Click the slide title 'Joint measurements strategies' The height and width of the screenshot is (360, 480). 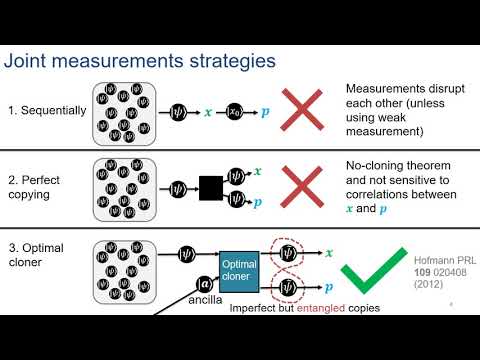141,62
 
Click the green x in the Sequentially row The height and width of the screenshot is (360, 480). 207,114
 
